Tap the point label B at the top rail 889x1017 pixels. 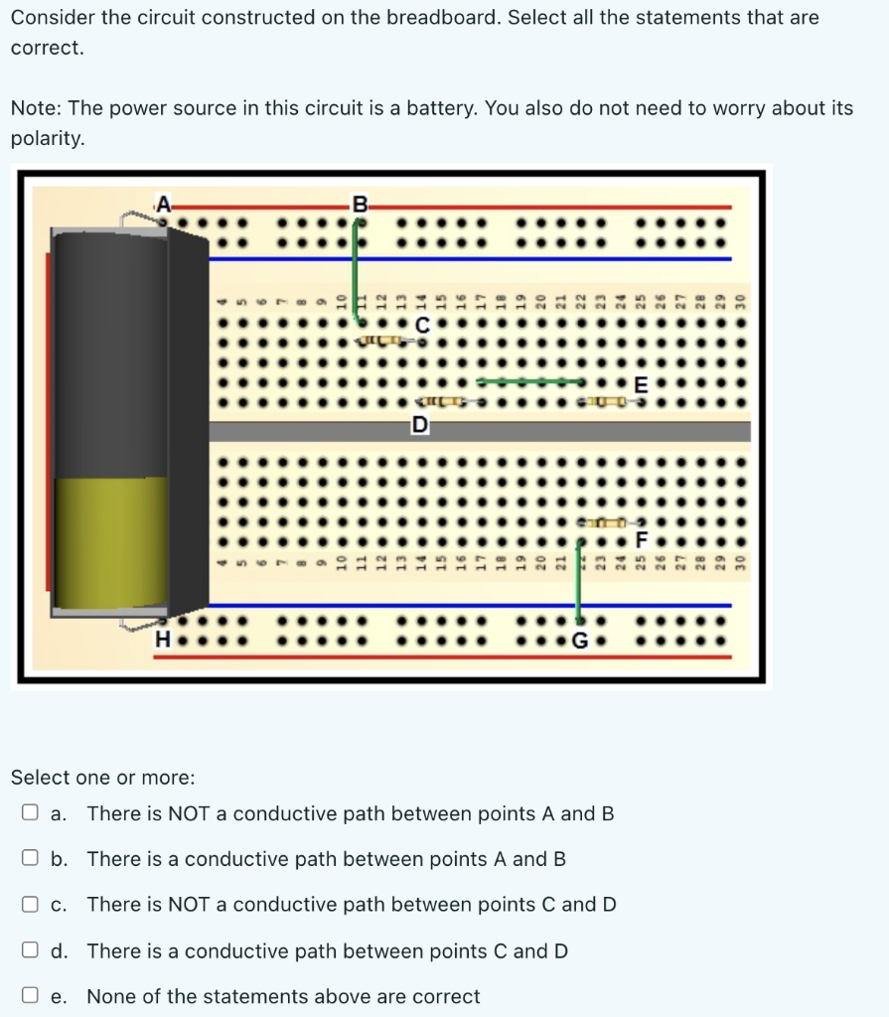coord(361,206)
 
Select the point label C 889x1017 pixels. coord(423,325)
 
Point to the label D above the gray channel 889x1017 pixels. coord(421,425)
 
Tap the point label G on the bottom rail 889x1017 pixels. coord(583,640)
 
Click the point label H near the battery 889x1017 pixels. coord(162,640)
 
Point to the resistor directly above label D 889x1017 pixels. coord(442,401)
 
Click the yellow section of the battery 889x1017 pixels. coord(109,541)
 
